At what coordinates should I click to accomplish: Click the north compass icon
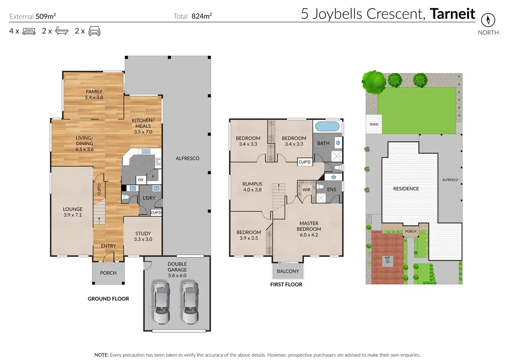(x=488, y=20)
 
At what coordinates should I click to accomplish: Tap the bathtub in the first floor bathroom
(x=327, y=127)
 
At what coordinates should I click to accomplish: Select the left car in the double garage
(x=162, y=303)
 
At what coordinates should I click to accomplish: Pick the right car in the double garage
(x=190, y=303)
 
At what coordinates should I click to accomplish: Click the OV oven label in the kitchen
(x=141, y=180)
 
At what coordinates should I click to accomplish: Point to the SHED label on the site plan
(x=374, y=124)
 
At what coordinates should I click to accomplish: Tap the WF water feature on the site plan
(x=388, y=260)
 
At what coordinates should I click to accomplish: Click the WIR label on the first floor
(x=306, y=190)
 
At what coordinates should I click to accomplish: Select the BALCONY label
(x=288, y=271)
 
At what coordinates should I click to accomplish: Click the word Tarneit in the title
(x=453, y=14)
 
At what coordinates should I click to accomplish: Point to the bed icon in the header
(x=29, y=31)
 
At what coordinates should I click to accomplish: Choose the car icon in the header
(x=94, y=31)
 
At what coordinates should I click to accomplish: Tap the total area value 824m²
(x=201, y=16)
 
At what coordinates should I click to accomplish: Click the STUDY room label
(x=143, y=233)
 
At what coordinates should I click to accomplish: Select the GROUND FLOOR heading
(x=108, y=299)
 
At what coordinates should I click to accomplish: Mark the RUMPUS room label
(x=252, y=184)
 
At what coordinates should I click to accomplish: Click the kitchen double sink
(x=146, y=152)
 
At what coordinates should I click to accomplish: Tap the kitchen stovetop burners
(x=158, y=161)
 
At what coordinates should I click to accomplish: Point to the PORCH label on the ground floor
(x=108, y=273)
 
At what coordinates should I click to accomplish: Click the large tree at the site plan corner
(x=374, y=82)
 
